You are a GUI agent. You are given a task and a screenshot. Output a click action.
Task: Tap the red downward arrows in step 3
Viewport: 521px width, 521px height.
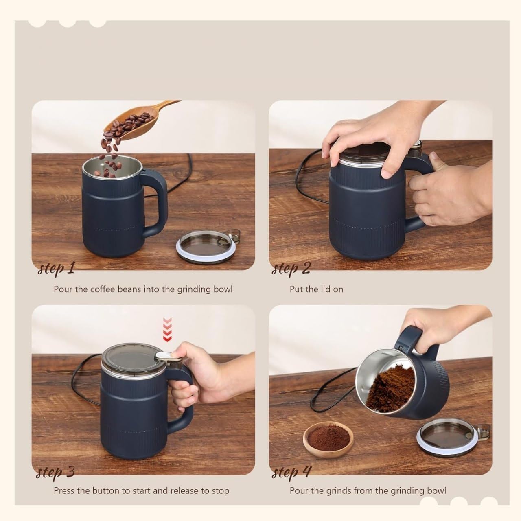coord(167,330)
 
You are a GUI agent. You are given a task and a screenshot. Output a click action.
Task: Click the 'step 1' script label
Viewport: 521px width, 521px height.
coord(56,268)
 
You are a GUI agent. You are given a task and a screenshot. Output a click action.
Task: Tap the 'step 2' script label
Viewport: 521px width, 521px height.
coord(291,268)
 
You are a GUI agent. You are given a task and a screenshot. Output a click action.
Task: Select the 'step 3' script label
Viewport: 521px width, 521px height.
coord(55,472)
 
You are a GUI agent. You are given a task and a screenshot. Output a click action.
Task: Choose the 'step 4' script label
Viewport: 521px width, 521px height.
coord(291,472)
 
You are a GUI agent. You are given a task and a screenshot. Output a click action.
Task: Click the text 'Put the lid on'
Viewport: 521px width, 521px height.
coord(316,289)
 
